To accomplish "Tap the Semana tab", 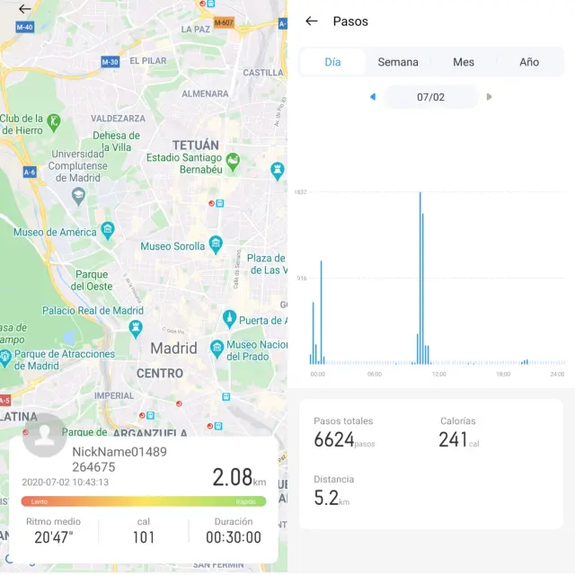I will click(x=398, y=62).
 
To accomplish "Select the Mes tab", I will click(x=464, y=62).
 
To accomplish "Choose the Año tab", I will click(x=529, y=62).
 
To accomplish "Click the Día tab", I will click(x=332, y=62).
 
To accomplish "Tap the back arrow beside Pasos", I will click(x=312, y=21).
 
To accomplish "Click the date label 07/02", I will click(x=431, y=97).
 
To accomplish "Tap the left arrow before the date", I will click(x=373, y=97).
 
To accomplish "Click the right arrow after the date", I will click(x=490, y=97).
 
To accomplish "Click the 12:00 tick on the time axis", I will click(x=438, y=374).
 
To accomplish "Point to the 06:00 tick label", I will click(x=375, y=374).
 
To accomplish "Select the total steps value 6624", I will click(x=334, y=439).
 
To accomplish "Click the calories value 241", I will click(x=453, y=439).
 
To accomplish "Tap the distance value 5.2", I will click(x=325, y=497).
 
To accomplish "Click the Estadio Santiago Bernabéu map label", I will click(x=184, y=164).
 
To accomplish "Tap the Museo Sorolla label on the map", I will click(x=174, y=246).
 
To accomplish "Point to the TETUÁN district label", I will click(x=195, y=145).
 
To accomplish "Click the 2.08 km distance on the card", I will click(x=232, y=477).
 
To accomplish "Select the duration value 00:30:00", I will click(x=234, y=537).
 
